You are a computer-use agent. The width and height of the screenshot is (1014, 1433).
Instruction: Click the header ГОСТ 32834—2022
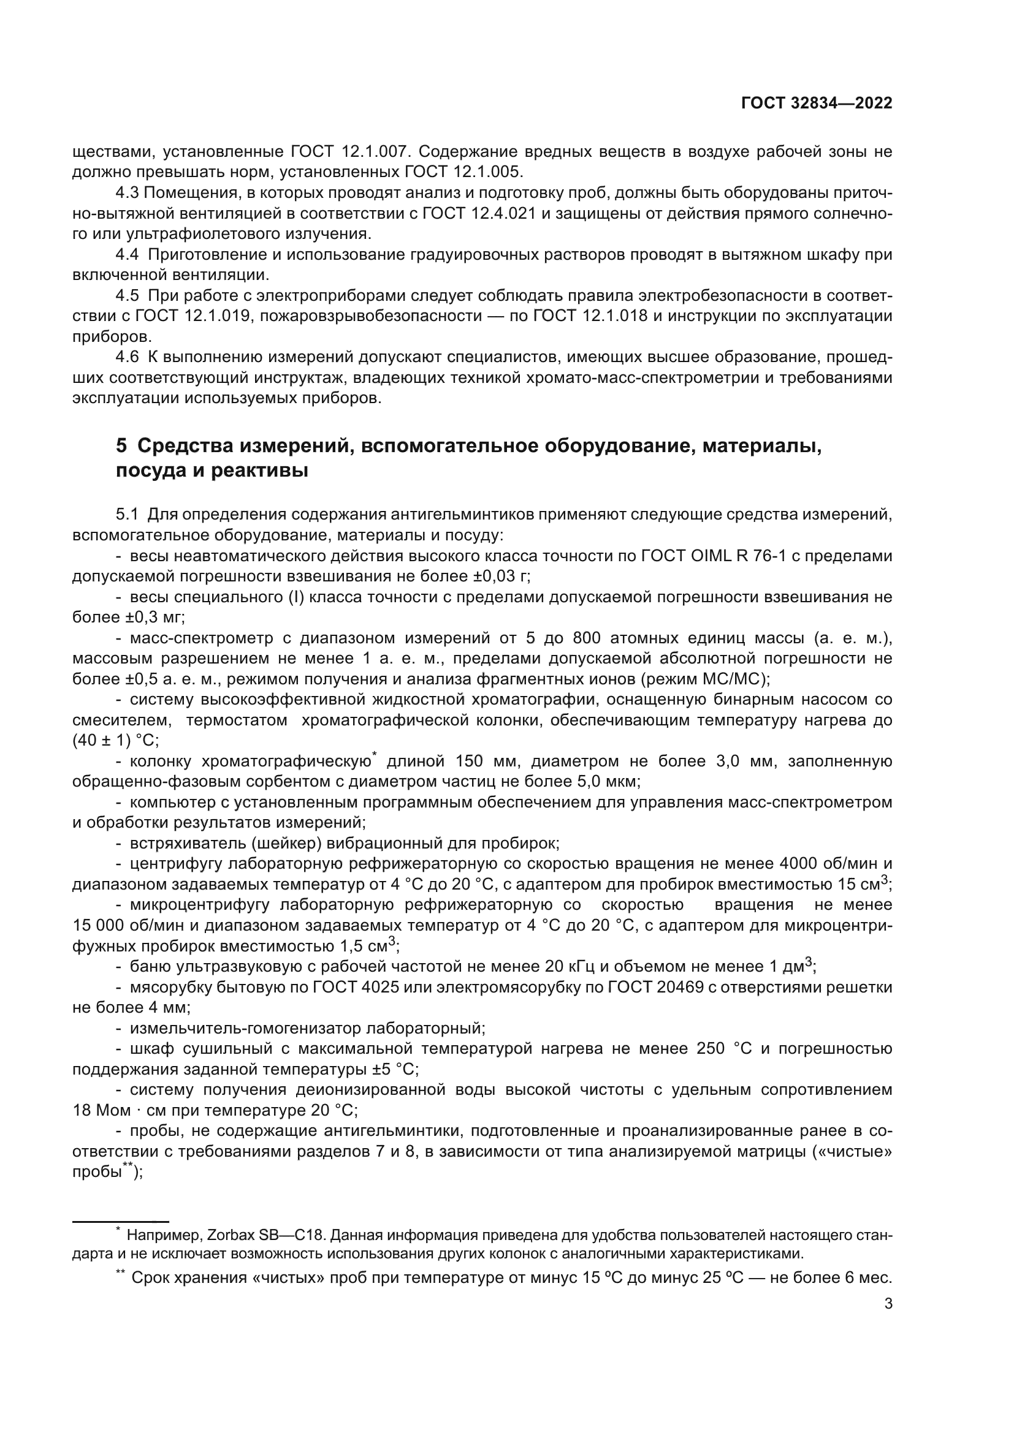coord(816,104)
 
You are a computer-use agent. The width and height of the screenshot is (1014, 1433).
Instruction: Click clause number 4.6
coord(128,358)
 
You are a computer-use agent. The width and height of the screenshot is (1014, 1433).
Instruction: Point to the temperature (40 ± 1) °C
coord(115,740)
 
